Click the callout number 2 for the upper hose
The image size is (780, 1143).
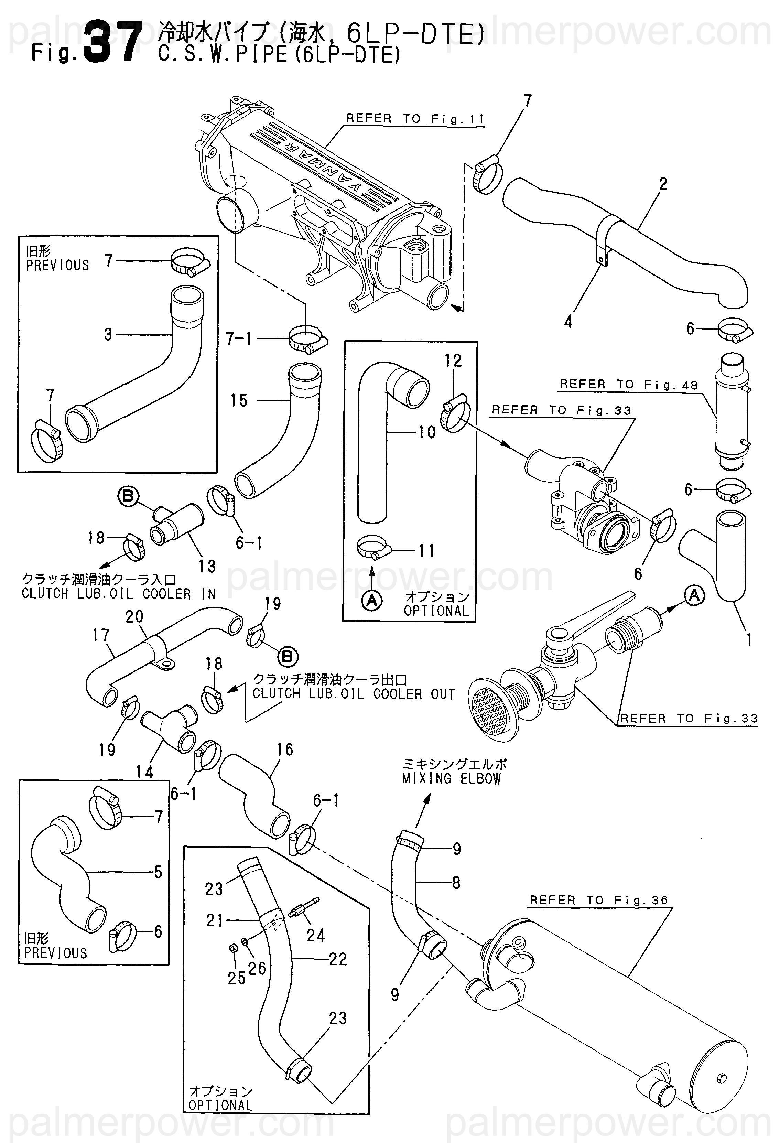[x=663, y=184]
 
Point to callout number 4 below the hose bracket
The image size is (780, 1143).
[x=568, y=323]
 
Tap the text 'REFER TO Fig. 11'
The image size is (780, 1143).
[x=415, y=119]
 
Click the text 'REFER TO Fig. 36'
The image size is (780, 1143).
[x=598, y=901]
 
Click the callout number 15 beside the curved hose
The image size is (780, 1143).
[x=239, y=401]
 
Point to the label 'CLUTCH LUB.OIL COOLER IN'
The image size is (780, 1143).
[x=119, y=594]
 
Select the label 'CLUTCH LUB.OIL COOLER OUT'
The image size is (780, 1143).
[x=354, y=694]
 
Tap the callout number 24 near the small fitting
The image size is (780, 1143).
[x=315, y=936]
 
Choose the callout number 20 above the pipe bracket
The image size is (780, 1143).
[x=134, y=617]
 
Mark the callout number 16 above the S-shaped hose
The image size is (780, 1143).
[x=285, y=750]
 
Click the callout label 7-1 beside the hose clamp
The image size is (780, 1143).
[x=239, y=339]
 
